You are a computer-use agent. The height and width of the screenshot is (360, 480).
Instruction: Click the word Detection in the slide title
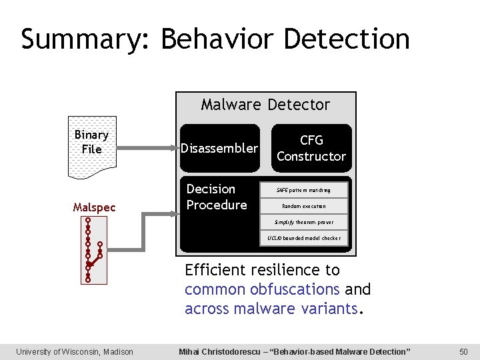[347, 39]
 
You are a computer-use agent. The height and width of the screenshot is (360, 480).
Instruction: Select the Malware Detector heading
[265, 105]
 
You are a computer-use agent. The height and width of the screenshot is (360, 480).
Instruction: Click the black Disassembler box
[219, 148]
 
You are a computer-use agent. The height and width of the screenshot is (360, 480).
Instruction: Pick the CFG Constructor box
[311, 148]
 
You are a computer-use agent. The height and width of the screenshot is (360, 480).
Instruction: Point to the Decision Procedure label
[217, 197]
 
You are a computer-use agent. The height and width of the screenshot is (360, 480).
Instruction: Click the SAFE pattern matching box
[303, 190]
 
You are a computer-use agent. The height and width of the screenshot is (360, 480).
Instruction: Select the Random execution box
[303, 206]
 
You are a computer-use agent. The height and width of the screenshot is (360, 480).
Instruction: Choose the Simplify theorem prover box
[303, 222]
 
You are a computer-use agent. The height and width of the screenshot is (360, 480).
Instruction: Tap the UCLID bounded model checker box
[303, 238]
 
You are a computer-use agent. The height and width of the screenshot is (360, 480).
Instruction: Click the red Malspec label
[94, 207]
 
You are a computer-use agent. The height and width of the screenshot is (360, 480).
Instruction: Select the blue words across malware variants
[271, 309]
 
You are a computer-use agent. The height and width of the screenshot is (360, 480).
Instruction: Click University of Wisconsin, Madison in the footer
[75, 351]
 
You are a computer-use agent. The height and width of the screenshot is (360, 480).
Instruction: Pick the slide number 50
[463, 351]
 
